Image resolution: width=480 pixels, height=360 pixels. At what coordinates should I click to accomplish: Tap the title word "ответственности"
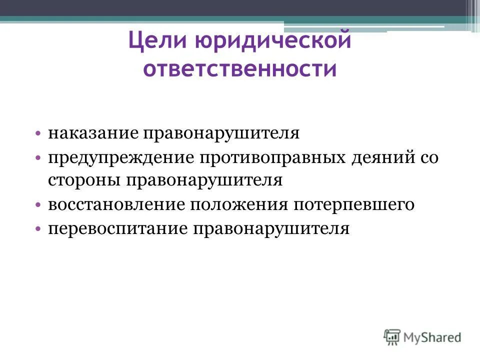click(239, 69)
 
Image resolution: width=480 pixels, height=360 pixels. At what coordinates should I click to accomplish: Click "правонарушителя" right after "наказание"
click(221, 133)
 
